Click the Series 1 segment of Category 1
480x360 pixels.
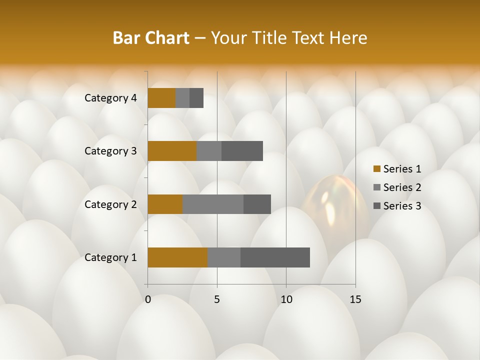(177, 257)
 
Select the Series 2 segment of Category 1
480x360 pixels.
(224, 257)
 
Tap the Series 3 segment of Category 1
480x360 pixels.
(275, 257)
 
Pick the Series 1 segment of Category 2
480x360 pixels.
(165, 204)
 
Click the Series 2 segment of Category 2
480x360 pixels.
(213, 204)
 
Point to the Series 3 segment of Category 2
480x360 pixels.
(257, 204)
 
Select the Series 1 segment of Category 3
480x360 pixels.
(172, 151)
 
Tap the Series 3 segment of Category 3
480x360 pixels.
(242, 151)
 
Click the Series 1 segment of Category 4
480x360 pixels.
(161, 98)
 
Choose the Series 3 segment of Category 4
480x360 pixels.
(196, 98)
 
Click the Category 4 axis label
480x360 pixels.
(110, 98)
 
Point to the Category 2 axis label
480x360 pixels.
(110, 204)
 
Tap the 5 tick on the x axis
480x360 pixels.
(217, 299)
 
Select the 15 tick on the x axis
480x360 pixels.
(355, 299)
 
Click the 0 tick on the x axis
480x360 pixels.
(148, 299)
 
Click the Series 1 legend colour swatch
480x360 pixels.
(376, 169)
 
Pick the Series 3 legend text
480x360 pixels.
(402, 206)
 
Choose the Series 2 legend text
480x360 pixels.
(402, 187)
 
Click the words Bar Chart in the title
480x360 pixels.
(151, 38)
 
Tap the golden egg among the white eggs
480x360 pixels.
(334, 205)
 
